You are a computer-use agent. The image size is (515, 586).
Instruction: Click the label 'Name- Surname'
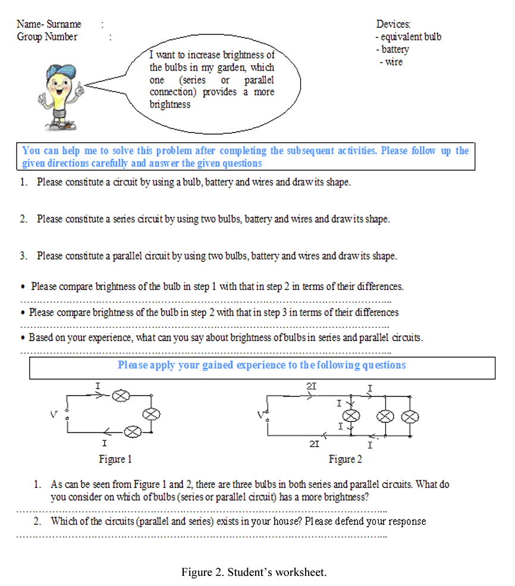click(x=49, y=24)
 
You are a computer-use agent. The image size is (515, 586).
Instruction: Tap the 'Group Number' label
click(x=47, y=37)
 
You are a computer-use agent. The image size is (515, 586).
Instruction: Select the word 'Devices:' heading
click(x=393, y=24)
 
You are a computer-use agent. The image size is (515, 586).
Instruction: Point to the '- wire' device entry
click(x=391, y=62)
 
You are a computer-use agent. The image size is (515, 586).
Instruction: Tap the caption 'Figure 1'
click(x=115, y=459)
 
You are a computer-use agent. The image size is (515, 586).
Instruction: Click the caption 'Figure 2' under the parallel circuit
click(x=345, y=459)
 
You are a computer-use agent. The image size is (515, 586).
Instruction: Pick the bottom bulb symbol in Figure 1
click(x=134, y=431)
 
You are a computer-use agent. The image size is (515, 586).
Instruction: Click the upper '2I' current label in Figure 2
click(x=311, y=386)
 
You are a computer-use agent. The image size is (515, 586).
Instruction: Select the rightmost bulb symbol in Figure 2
click(x=409, y=416)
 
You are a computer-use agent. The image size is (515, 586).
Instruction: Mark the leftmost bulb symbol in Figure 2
click(x=351, y=415)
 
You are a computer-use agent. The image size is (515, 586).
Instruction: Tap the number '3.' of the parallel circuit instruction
click(x=24, y=256)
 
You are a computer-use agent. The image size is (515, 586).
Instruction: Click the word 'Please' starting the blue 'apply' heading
click(x=132, y=365)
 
